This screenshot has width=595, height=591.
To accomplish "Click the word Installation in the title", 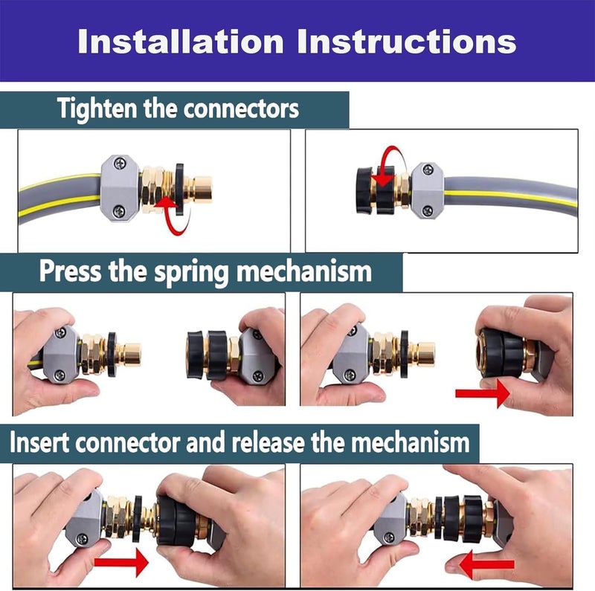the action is pyautogui.click(x=181, y=42).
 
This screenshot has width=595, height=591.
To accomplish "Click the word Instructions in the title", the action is pyautogui.click(x=407, y=42).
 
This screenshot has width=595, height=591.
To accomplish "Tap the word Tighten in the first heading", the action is pyautogui.click(x=97, y=109).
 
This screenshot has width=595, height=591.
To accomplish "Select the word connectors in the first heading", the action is pyautogui.click(x=241, y=109).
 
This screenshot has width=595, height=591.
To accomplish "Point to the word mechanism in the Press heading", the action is pyautogui.click(x=304, y=271).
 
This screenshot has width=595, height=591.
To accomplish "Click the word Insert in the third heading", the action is pyautogui.click(x=39, y=442).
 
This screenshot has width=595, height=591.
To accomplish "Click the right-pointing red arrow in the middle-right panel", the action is pyautogui.click(x=483, y=393).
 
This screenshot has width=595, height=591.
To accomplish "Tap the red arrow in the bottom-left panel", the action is pyautogui.click(x=121, y=563).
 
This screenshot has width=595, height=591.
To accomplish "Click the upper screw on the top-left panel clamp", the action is pyautogui.click(x=120, y=164).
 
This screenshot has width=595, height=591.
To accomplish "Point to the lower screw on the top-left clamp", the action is pyautogui.click(x=119, y=211).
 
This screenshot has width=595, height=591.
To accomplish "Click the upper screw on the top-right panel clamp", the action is pyautogui.click(x=428, y=169).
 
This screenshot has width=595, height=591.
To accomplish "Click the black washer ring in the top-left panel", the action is pyautogui.click(x=179, y=190).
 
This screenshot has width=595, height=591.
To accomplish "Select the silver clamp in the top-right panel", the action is pyautogui.click(x=427, y=190).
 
